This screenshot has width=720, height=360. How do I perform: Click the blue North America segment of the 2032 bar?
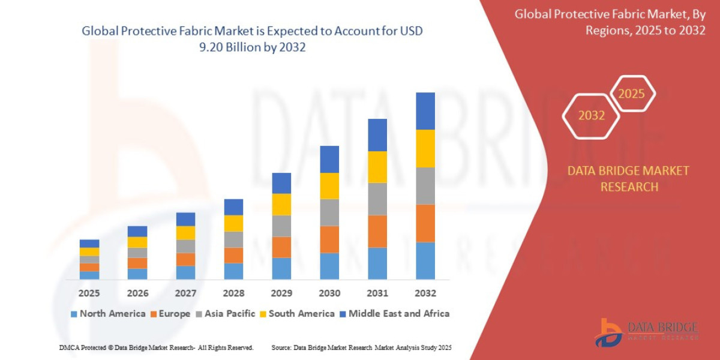[425, 260]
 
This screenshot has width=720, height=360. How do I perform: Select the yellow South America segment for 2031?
[377, 167]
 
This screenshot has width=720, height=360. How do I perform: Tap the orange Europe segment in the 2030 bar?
[329, 239]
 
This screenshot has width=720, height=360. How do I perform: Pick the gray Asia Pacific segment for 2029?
[281, 226]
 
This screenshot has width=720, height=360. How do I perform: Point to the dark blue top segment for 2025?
[89, 243]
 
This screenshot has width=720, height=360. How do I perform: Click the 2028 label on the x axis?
[233, 293]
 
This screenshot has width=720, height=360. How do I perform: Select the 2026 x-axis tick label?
[137, 293]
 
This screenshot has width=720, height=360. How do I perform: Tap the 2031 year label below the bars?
[377, 293]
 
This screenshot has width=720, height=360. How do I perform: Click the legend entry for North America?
[108, 313]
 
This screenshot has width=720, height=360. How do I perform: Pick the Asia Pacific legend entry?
[226, 313]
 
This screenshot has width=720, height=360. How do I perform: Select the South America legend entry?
[297, 313]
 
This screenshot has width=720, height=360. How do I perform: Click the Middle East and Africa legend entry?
[394, 313]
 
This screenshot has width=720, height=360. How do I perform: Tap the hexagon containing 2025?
[631, 94]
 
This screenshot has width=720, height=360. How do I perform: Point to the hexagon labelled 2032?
[591, 115]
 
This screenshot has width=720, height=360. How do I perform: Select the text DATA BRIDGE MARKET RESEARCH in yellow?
[628, 179]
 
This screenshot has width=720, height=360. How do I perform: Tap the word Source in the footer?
[281, 347]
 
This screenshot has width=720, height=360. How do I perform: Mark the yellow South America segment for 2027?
[185, 233]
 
